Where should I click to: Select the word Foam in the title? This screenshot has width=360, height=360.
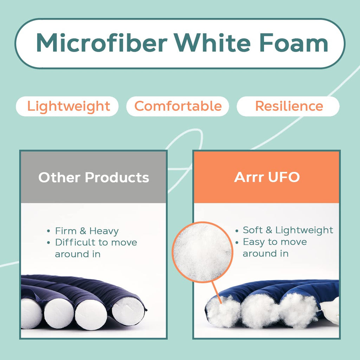[x=294, y=43]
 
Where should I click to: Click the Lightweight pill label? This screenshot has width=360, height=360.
[x=69, y=106]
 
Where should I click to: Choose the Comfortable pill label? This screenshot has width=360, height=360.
[x=178, y=106]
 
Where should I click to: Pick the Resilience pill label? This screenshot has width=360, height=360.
[x=289, y=106]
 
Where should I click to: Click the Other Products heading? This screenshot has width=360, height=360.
[x=94, y=177]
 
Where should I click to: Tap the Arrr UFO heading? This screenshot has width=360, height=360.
[x=267, y=177]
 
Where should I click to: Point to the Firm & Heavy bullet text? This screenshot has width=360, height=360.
[x=87, y=231]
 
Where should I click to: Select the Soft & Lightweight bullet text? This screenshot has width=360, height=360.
[x=288, y=230]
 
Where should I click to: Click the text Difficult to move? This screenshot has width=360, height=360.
[x=96, y=242]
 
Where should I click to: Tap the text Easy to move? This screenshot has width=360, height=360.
[x=275, y=242]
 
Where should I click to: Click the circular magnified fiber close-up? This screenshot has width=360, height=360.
[x=202, y=252]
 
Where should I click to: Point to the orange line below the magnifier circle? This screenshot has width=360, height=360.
[x=216, y=292]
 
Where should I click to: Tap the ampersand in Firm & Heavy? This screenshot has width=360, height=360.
[x=83, y=231]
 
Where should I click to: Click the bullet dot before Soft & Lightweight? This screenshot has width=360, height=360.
[x=237, y=230]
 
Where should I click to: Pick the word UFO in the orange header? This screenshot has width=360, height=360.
[x=284, y=177]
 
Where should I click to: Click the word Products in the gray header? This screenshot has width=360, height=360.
[x=117, y=177]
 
